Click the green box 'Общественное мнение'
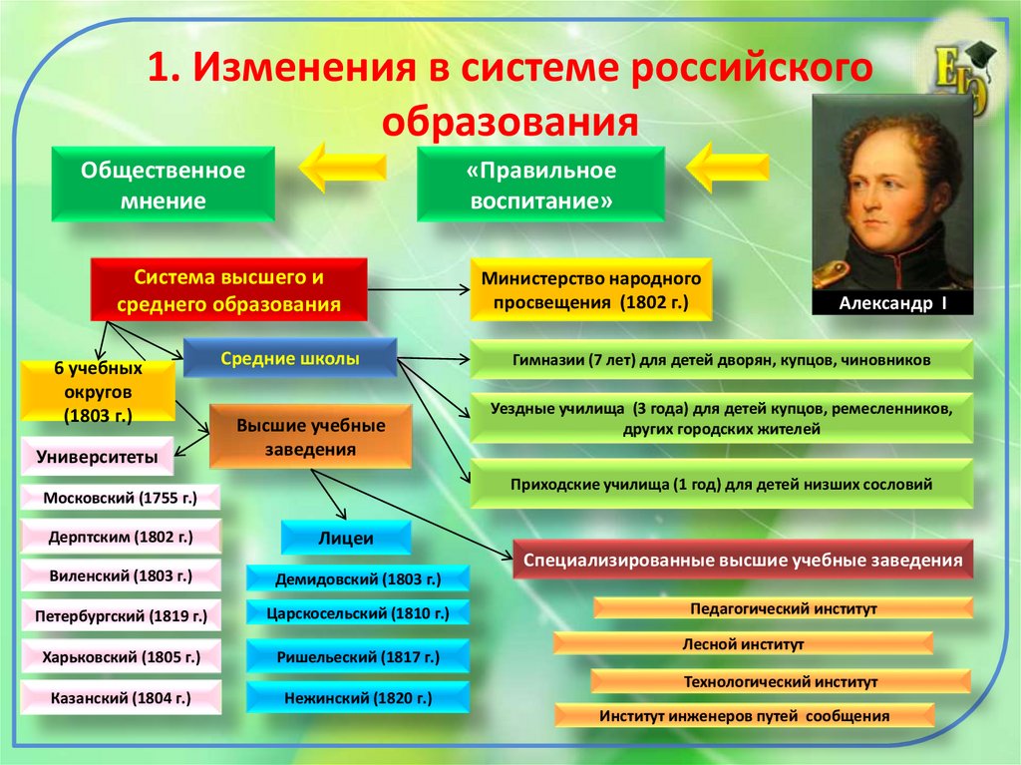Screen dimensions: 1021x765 pos(164,186)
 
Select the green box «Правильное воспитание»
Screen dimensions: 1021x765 pos(540,186)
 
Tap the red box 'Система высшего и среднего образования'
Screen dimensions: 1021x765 pos(229,289)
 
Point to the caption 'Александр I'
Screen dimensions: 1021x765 pos(892,302)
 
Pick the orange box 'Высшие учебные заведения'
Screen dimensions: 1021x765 pos(310,437)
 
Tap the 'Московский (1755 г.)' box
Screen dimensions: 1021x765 pos(120,497)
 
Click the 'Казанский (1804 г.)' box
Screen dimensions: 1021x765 pos(120,697)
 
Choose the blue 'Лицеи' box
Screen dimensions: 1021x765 pos(345,538)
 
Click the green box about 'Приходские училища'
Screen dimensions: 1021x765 pos(721,486)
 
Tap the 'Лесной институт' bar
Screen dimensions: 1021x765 pos(743,644)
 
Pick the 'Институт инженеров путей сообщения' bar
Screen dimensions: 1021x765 pos(743,715)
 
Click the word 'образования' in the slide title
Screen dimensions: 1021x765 pos(510,122)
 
